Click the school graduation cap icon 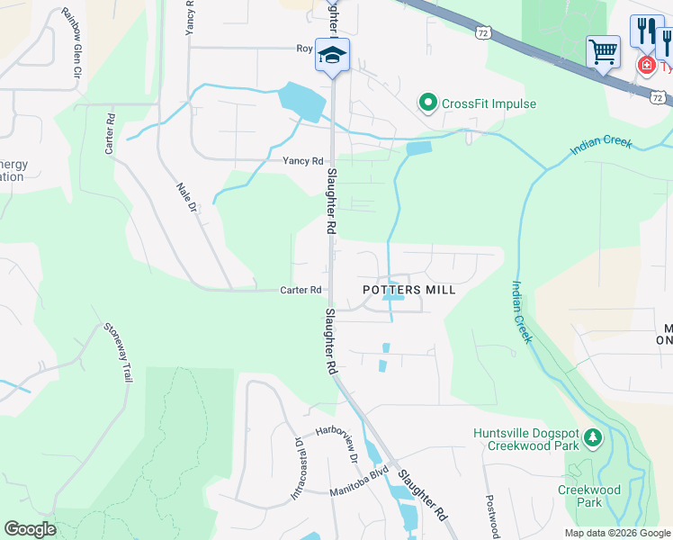pyautogui.click(x=332, y=55)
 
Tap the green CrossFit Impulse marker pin pyautogui.click(x=428, y=103)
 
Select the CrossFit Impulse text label pyautogui.click(x=489, y=103)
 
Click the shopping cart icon pyautogui.click(x=603, y=50)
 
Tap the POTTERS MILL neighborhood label pyautogui.click(x=408, y=290)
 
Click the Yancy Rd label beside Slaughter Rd pyautogui.click(x=303, y=161)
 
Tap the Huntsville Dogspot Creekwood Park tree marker pyautogui.click(x=592, y=438)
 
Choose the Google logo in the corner pyautogui.click(x=30, y=528)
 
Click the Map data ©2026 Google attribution pyautogui.click(x=617, y=533)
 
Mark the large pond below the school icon pyautogui.click(x=303, y=102)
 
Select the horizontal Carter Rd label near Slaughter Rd pyautogui.click(x=301, y=290)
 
